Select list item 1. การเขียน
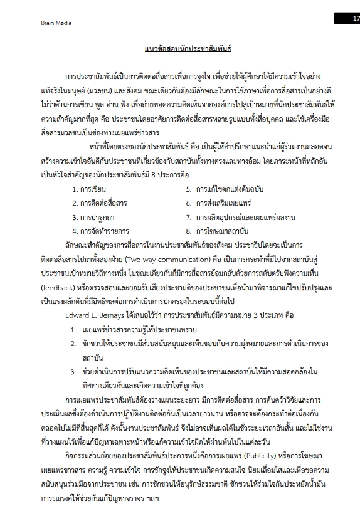click(x=89, y=189)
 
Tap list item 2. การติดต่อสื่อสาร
click(x=99, y=203)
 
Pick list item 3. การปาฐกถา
click(x=93, y=218)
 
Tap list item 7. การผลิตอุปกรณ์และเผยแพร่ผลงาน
click(x=240, y=218)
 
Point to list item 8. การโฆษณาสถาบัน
click(x=217, y=232)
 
